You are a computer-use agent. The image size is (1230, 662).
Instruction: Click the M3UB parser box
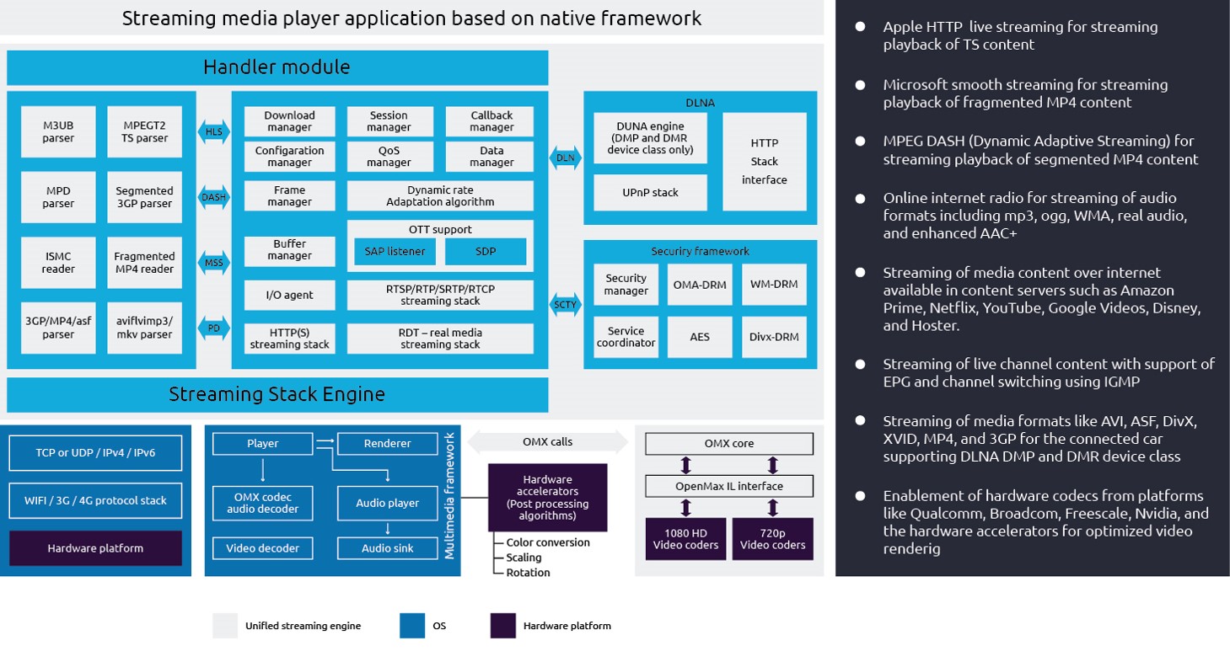coord(58,131)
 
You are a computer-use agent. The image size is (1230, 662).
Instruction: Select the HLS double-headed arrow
coord(214,132)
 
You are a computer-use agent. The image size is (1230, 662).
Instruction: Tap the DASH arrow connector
coord(214,198)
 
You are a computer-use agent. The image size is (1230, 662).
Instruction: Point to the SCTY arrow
coord(565,304)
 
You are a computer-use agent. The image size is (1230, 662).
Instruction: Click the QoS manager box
coord(389,156)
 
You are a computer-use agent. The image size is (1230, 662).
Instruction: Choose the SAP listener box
coord(394,251)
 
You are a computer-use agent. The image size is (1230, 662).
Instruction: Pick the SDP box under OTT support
coord(486,251)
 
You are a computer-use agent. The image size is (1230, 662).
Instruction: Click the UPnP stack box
coord(649,193)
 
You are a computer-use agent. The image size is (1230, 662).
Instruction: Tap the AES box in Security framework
coord(700,337)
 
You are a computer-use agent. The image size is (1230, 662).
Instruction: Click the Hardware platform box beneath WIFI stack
coord(95,548)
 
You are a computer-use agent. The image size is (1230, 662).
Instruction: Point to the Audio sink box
coord(387,548)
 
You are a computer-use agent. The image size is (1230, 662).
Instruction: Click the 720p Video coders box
coord(772,539)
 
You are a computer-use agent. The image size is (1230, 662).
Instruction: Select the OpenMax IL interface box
coord(729,486)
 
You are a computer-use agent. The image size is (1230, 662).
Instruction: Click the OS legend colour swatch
coord(412,626)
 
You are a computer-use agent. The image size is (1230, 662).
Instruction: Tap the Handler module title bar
coord(277,67)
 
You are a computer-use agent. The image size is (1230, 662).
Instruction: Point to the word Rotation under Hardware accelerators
coord(528,573)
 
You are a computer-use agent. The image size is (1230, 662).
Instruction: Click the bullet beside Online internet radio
coord(860,199)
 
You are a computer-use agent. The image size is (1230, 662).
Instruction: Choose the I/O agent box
coord(289,295)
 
